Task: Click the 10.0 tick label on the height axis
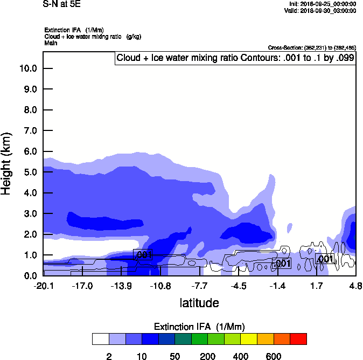27,68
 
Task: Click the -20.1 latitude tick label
43,286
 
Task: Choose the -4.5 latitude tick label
239,286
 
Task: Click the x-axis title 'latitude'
199,303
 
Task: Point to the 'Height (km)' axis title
8,163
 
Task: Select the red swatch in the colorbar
298,338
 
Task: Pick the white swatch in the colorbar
101,338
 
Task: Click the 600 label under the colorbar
274,356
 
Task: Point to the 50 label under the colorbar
174,356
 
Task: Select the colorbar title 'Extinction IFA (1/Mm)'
199,327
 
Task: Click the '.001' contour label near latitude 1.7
325,259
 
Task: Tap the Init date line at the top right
322,4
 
